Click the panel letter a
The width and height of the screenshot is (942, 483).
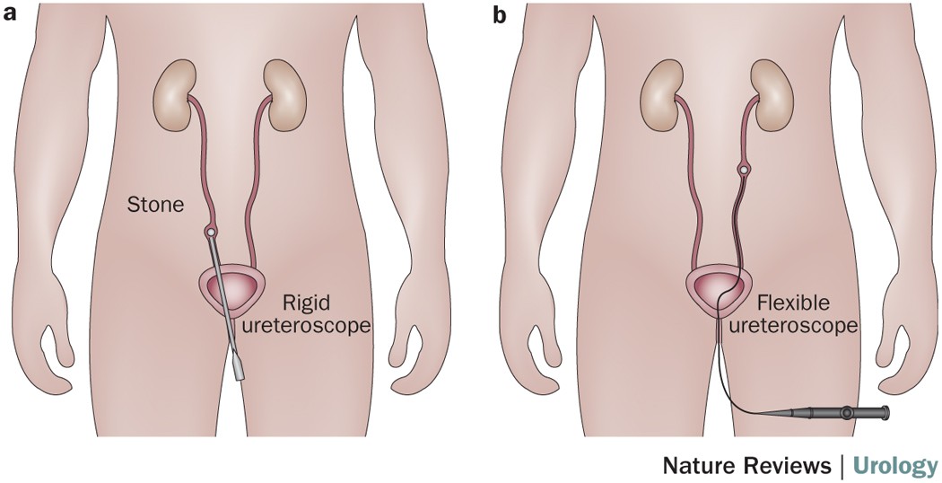click(13, 15)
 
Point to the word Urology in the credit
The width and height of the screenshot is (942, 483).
click(894, 465)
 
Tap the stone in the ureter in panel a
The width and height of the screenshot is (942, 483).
click(210, 233)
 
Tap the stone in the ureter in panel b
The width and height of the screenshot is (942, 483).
click(743, 168)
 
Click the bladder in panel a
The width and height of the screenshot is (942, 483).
click(231, 289)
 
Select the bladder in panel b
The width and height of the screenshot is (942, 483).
click(720, 289)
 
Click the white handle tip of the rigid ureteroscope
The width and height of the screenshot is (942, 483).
click(240, 366)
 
